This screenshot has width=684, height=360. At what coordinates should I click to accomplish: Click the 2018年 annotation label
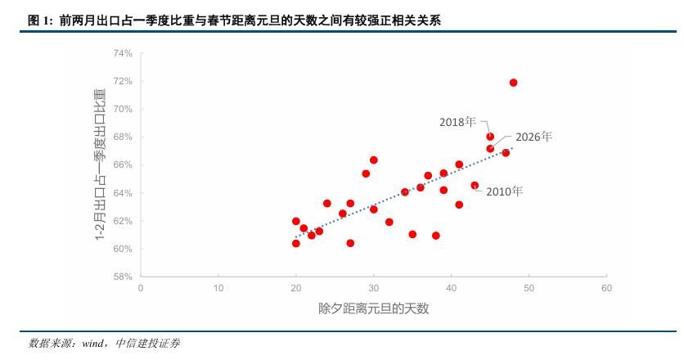[x=457, y=122]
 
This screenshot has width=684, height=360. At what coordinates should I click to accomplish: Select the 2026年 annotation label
[x=533, y=137]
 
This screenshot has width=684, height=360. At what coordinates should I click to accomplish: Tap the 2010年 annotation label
[x=503, y=191]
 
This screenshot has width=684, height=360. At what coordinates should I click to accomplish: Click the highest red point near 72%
[x=513, y=83]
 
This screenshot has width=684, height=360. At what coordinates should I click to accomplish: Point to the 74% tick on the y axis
[x=122, y=53]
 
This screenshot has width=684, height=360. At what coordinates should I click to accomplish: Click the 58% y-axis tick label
[x=122, y=277]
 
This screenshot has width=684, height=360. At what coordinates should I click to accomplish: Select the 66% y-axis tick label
[x=122, y=164]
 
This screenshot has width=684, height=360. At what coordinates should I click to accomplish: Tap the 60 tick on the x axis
[x=606, y=288]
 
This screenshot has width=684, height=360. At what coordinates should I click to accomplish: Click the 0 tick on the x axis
[x=141, y=288]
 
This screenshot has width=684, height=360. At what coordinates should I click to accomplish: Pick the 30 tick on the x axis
[x=374, y=288]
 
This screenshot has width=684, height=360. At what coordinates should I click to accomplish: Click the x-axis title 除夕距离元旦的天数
[x=373, y=308]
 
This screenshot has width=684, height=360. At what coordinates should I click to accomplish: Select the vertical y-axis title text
[x=100, y=164]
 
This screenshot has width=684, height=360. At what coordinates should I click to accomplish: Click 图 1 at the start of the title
[x=38, y=21]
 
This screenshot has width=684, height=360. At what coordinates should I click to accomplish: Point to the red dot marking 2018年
[x=490, y=137]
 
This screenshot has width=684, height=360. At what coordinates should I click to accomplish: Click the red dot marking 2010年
[x=475, y=186]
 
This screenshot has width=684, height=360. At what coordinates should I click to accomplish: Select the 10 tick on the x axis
[x=218, y=288]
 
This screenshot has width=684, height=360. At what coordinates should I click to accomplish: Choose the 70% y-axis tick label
[x=122, y=109]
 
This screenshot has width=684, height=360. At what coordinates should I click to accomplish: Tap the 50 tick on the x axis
[x=529, y=288]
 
